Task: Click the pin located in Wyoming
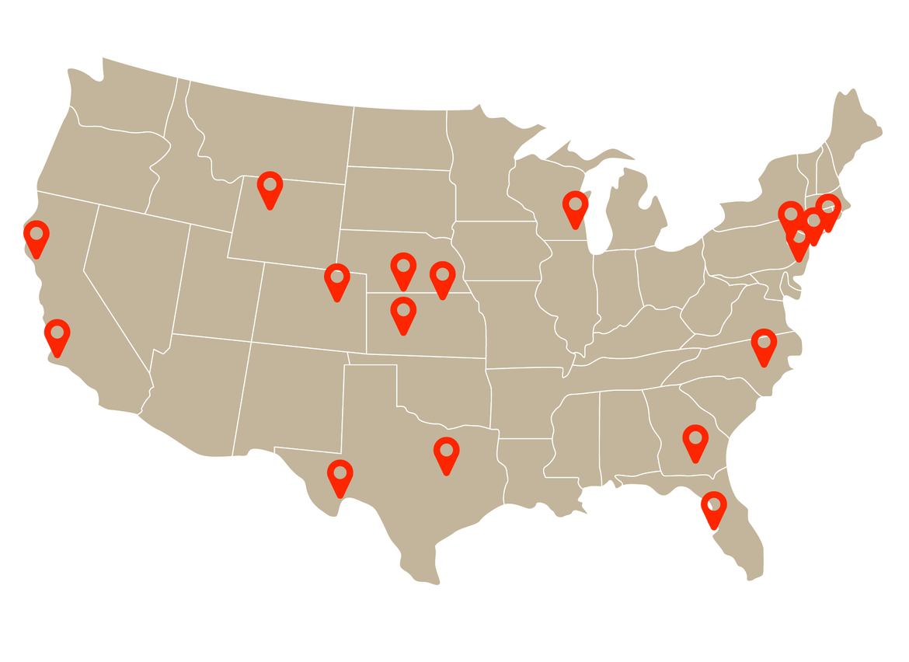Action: point(270,187)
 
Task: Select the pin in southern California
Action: point(57,335)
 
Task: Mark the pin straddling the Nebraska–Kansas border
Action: point(442,277)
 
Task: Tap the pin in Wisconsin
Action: point(576,207)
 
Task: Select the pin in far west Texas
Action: point(340,476)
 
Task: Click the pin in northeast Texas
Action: point(446,453)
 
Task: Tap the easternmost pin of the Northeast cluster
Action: point(828,210)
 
